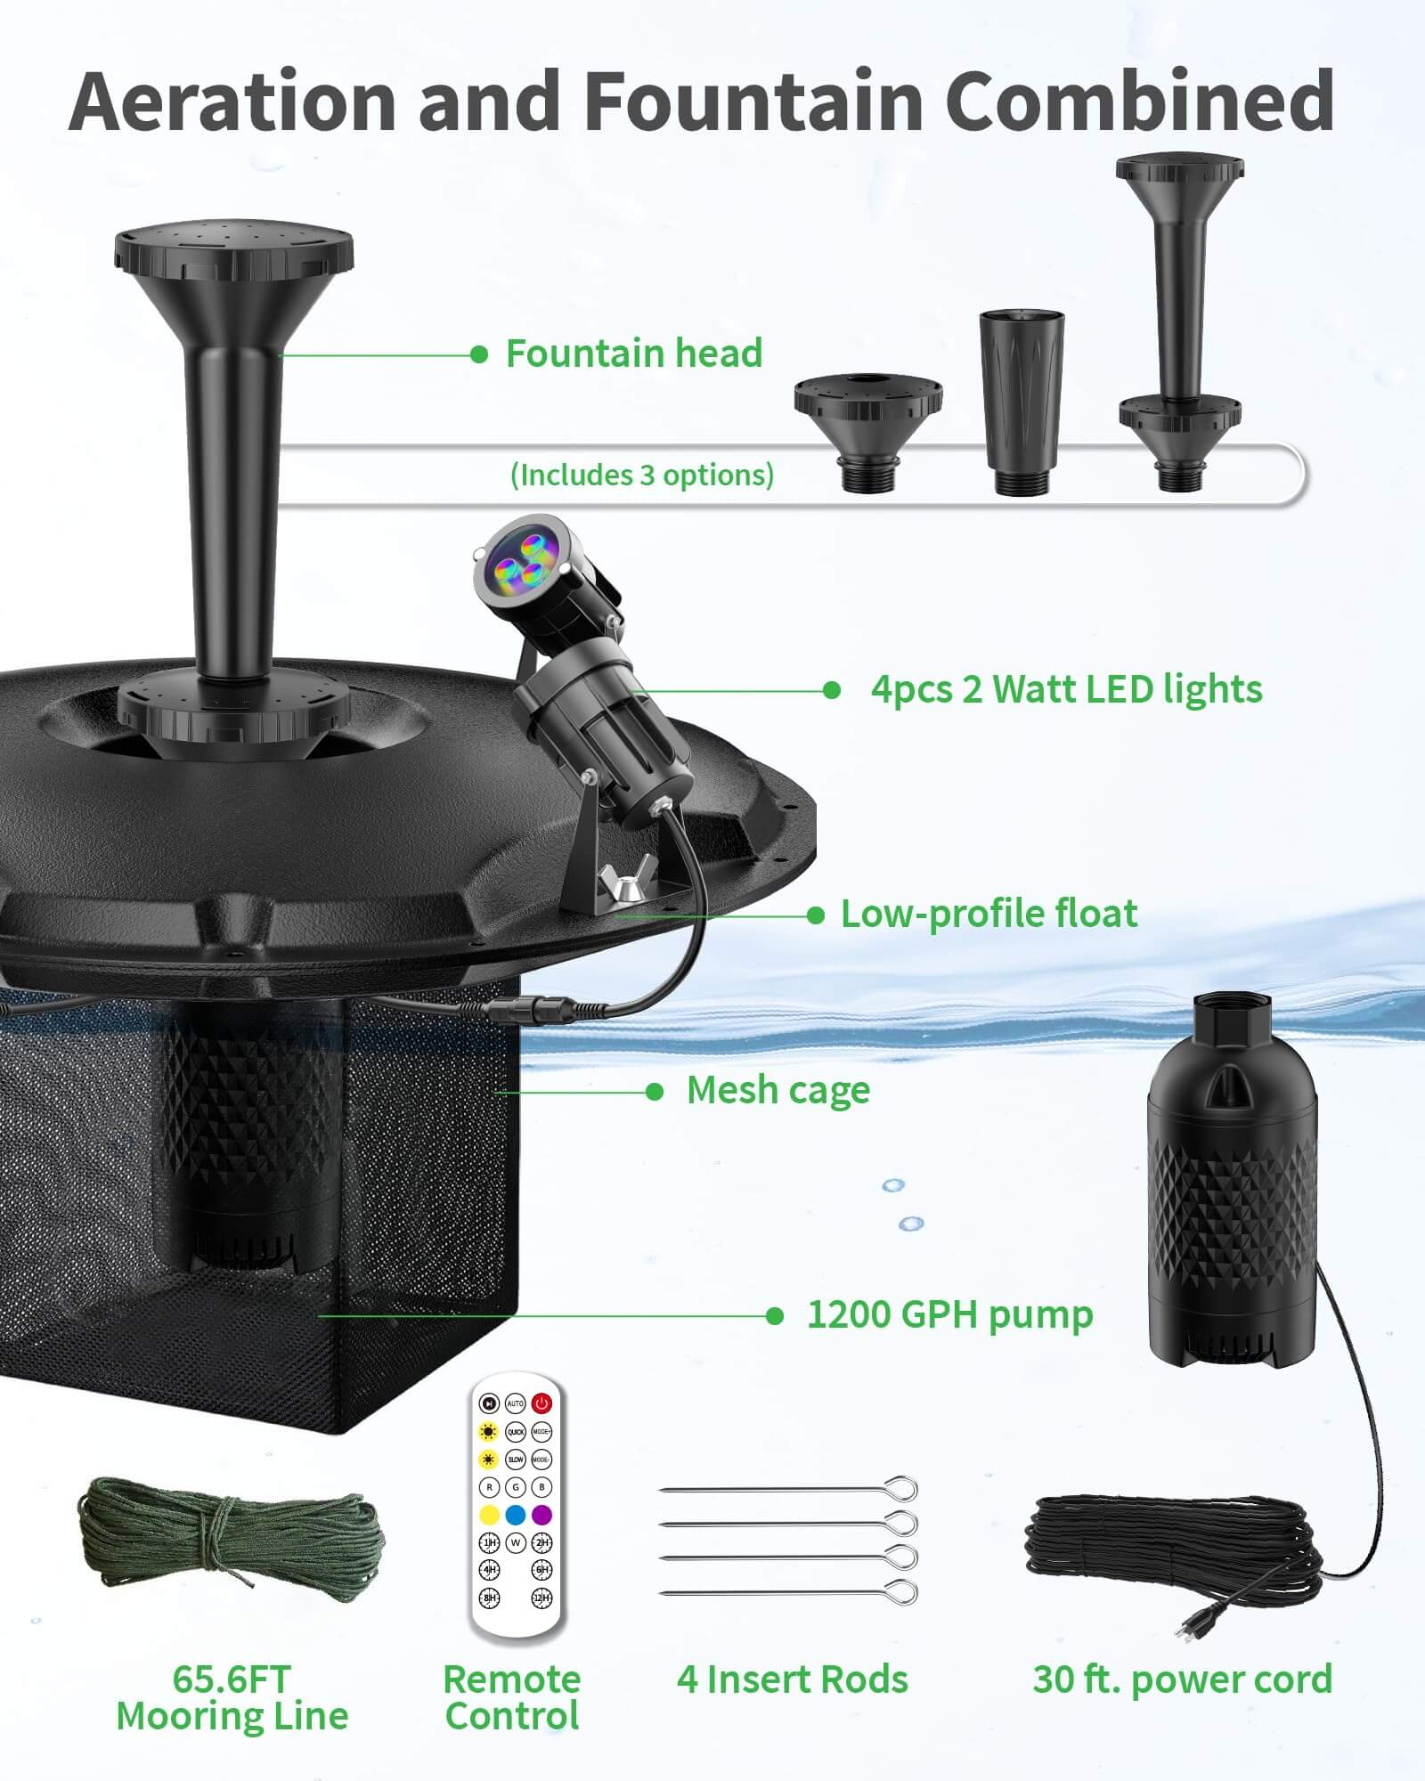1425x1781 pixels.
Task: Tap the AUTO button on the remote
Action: (x=515, y=1403)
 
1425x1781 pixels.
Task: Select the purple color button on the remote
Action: (x=541, y=1515)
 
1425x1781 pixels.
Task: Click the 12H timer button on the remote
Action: (x=541, y=1598)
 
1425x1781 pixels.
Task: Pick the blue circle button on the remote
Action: (x=515, y=1515)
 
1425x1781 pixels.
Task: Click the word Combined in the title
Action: (x=1139, y=100)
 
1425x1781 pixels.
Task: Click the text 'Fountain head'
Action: (x=633, y=354)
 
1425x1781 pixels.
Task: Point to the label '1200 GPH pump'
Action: (x=949, y=1314)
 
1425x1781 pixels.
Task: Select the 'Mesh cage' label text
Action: (x=778, y=1090)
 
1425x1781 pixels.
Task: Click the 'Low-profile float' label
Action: (x=989, y=914)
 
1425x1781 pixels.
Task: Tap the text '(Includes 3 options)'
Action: (x=641, y=475)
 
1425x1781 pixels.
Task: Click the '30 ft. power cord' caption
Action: (x=1182, y=1679)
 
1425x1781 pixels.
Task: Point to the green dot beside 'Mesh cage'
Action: (x=655, y=1092)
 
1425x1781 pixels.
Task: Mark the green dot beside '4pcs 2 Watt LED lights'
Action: (x=832, y=690)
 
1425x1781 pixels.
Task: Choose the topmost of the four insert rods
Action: (x=789, y=1489)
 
